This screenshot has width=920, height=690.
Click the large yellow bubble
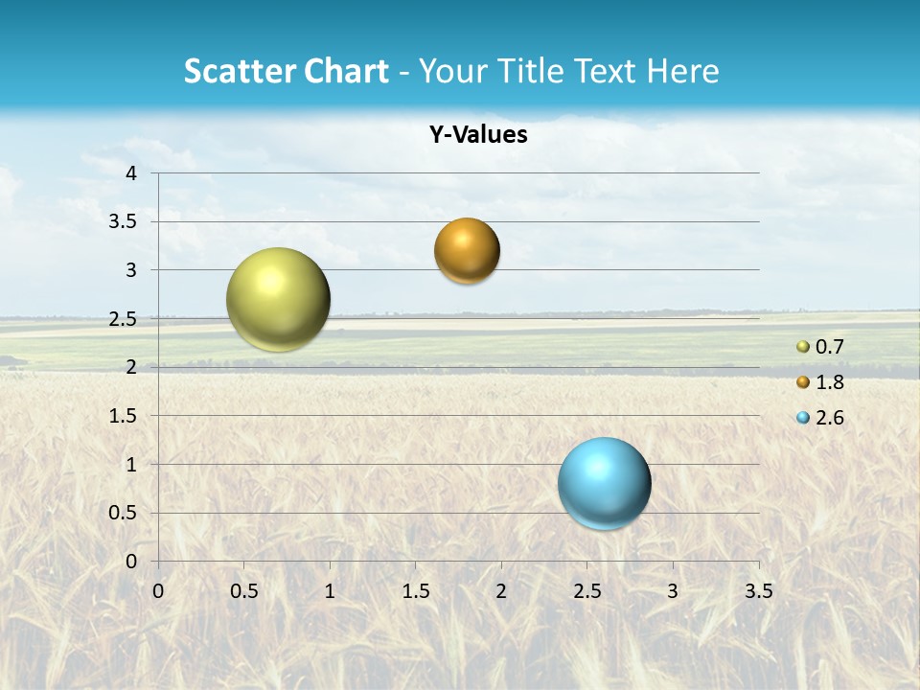pos(278,299)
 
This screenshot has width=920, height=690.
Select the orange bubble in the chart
pos(467,251)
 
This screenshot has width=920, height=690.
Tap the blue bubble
pos(604,483)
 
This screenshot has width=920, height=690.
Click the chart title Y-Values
pos(478,135)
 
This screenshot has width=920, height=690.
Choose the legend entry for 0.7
pos(821,347)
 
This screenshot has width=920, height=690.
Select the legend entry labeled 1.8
pos(821,382)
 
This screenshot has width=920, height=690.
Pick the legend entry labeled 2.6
pos(821,418)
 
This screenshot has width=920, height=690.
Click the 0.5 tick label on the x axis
pos(243,590)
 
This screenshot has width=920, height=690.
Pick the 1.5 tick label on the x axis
pos(415,590)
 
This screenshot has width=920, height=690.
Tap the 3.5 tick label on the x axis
pos(758,590)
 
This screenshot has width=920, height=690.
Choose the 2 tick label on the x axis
pos(501,590)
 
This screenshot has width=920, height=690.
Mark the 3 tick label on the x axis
pos(673,590)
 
